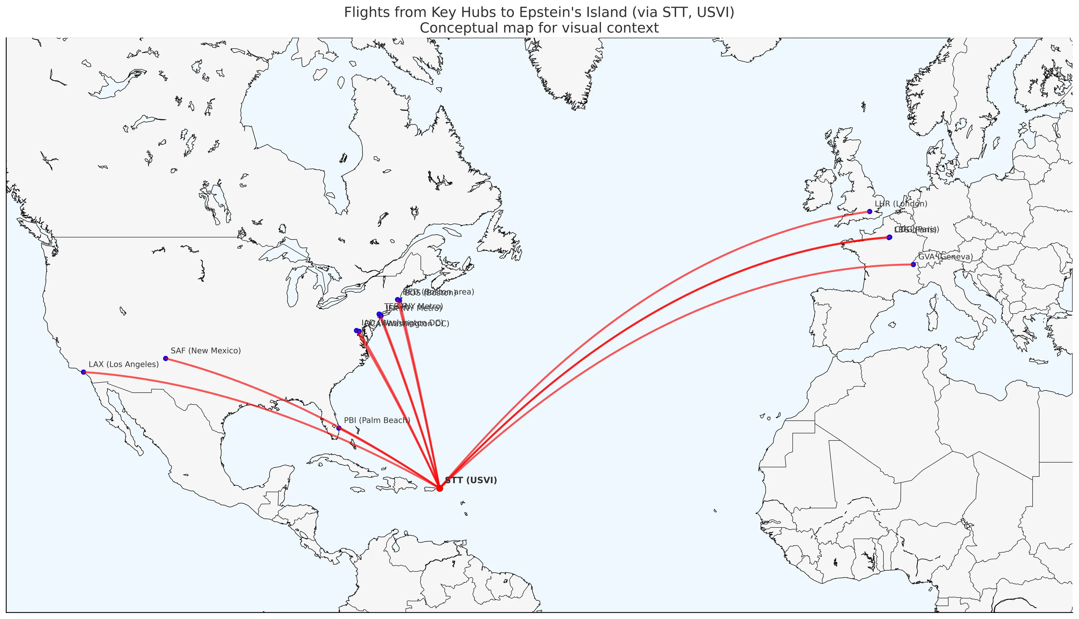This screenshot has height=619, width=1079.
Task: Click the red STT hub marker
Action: [x=439, y=488]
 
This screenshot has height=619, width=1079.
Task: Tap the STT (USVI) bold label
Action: [x=471, y=480]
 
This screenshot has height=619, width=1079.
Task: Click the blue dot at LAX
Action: [x=83, y=372]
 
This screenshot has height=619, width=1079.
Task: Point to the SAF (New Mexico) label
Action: [x=205, y=351]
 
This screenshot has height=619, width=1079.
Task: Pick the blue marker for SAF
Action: [x=166, y=358]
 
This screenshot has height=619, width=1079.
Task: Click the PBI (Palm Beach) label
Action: [x=377, y=421]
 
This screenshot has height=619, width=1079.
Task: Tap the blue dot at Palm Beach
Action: [x=339, y=428]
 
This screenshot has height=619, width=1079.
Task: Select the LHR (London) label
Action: [x=901, y=204]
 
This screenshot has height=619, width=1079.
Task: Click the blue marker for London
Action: [x=869, y=211]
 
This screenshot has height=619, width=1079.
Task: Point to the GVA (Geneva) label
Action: [x=945, y=257]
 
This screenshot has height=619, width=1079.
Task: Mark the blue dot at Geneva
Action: [x=913, y=264]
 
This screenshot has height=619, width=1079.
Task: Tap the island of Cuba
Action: [x=340, y=463]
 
